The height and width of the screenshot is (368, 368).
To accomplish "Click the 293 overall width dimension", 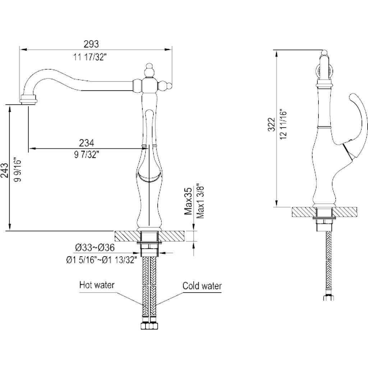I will (91, 44).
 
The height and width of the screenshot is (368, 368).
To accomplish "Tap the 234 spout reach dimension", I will (87, 143).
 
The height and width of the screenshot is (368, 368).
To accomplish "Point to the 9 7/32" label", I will (87, 155).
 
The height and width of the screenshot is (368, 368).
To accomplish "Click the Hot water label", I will (97, 285).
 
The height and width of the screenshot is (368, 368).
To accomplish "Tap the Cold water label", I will (202, 286).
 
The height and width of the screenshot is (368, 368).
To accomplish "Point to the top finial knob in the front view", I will (148, 69).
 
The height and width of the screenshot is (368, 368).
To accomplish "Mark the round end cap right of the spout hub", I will (167, 86).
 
